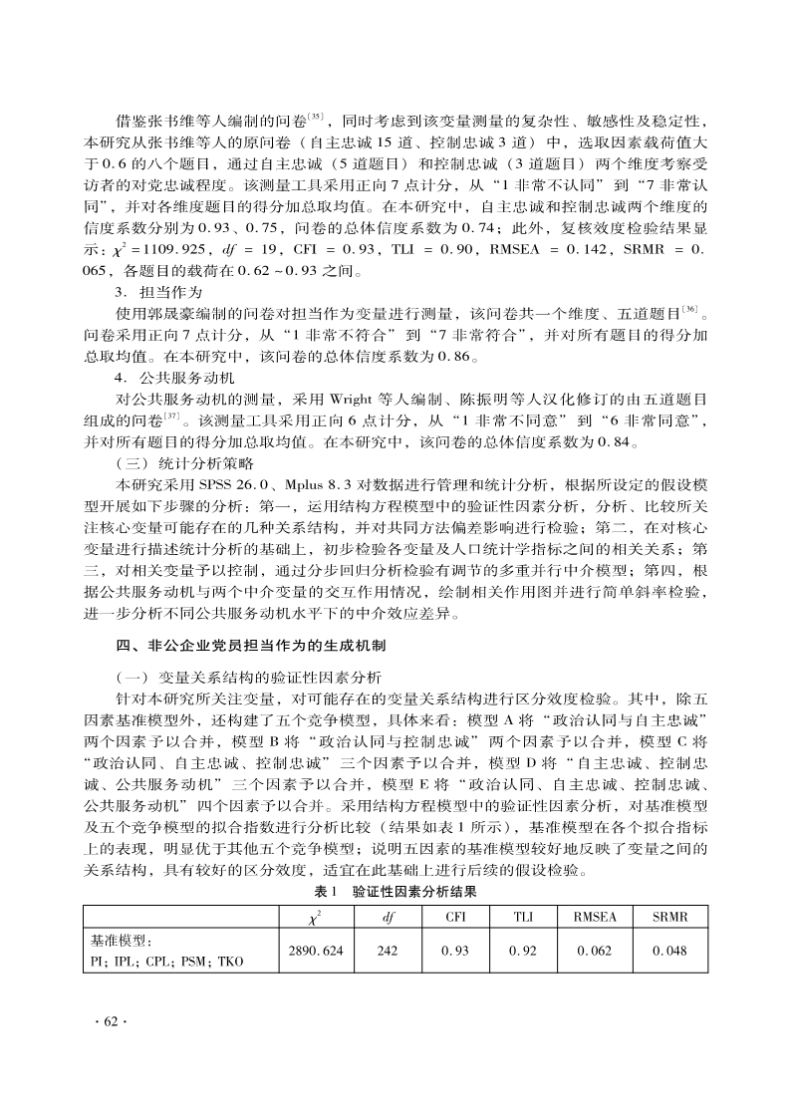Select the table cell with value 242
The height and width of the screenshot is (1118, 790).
[387, 951]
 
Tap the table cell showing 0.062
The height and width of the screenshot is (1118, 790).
[595, 951]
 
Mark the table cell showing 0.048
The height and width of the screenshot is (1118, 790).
[669, 951]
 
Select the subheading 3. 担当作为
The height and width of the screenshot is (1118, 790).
[158, 293]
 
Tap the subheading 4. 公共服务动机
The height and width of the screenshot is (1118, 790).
[172, 378]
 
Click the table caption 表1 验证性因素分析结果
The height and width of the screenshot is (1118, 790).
[395, 893]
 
